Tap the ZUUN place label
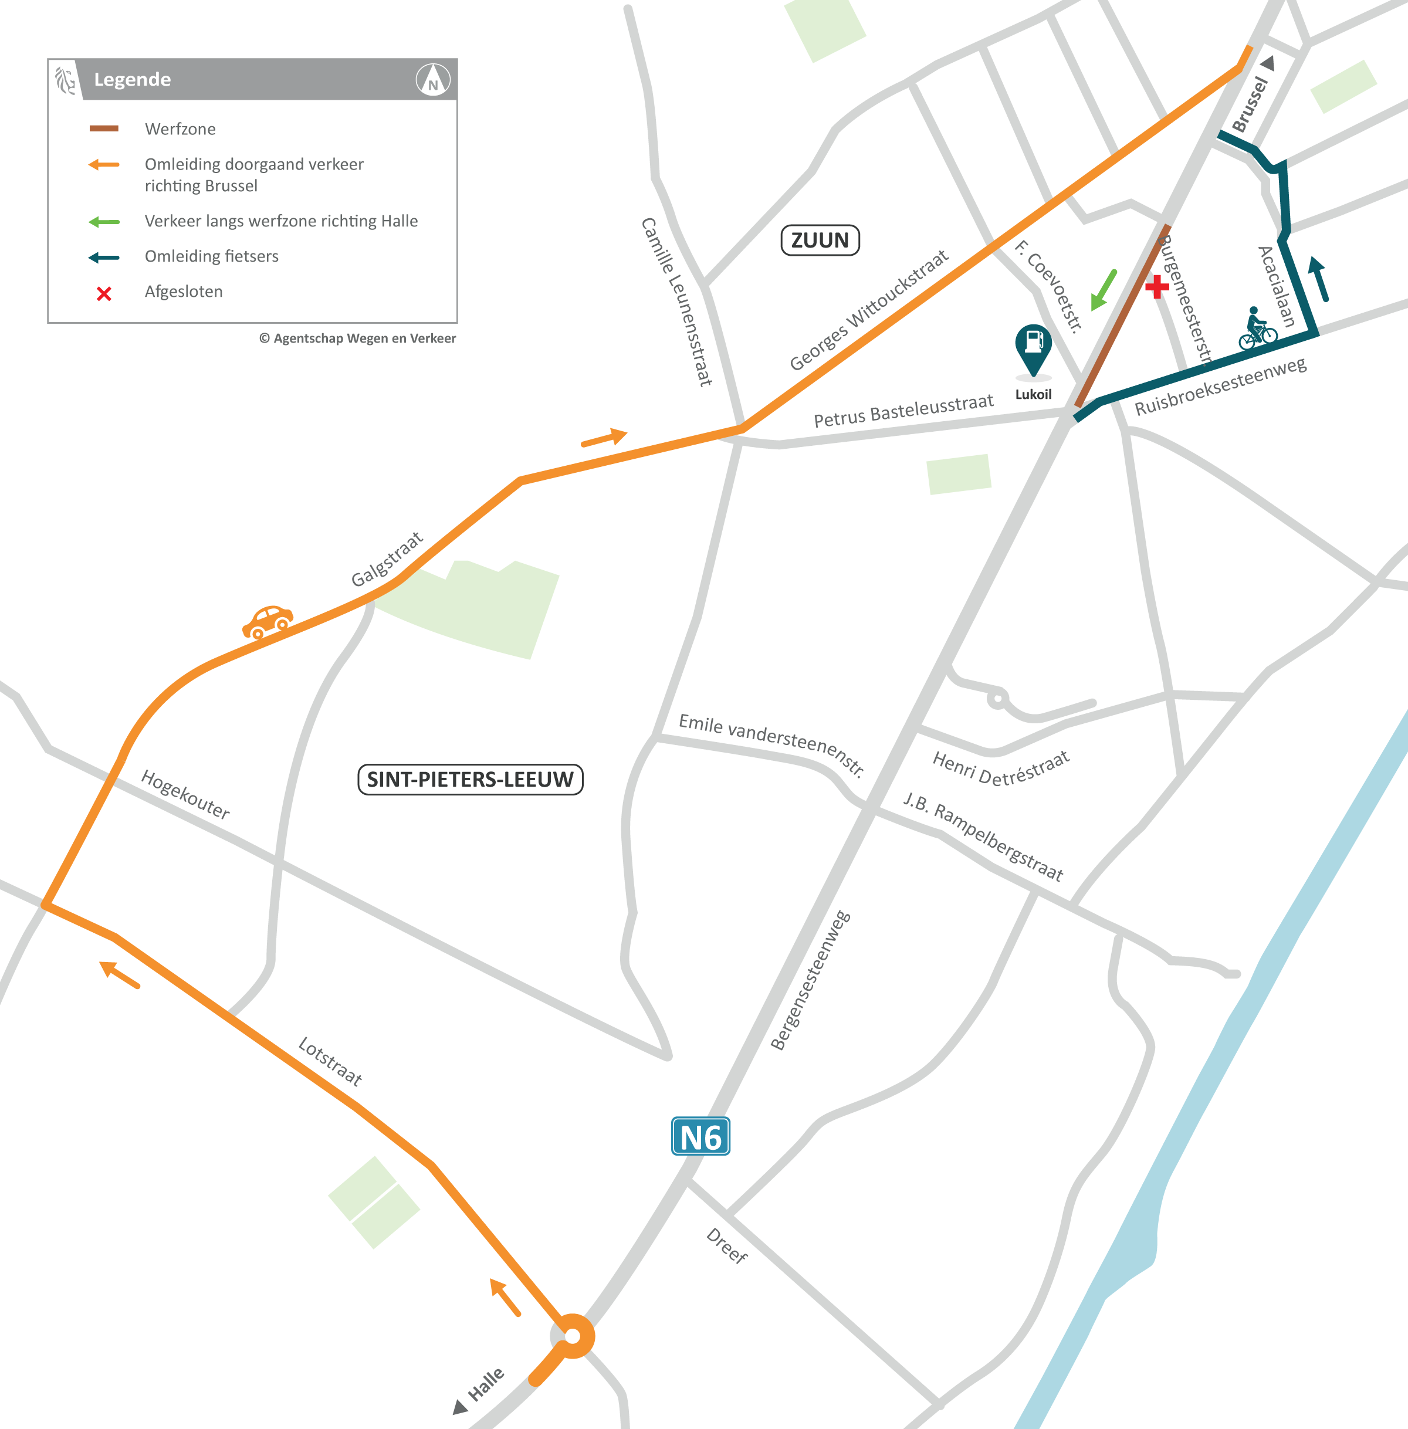[x=820, y=241]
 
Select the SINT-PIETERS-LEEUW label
[x=471, y=779]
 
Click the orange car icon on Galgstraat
[x=268, y=621]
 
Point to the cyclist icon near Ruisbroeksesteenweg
[x=1257, y=329]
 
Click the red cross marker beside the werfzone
[x=1156, y=286]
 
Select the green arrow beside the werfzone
[x=1104, y=290]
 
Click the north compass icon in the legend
[x=432, y=79]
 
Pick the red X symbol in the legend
[x=104, y=293]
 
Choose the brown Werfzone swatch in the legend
[x=103, y=128]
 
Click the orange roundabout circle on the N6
[x=573, y=1336]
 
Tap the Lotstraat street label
[x=330, y=1061]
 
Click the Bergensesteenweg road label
[x=811, y=980]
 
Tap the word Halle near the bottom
[x=486, y=1384]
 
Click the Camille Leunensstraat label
[x=676, y=302]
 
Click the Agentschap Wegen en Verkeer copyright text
[x=357, y=338]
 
